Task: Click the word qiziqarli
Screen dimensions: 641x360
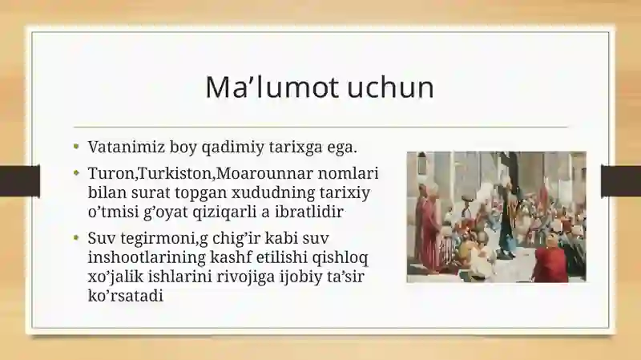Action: tap(224, 212)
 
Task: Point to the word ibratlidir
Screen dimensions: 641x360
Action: tap(308, 212)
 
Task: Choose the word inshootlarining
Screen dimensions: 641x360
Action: tap(147, 257)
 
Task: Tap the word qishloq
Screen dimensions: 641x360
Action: tap(340, 257)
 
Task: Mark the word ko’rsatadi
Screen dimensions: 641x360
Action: tap(126, 296)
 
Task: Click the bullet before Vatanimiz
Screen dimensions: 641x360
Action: tap(76, 146)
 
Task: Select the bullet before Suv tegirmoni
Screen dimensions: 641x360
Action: tap(76, 237)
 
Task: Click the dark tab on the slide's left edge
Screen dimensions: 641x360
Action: tap(20, 181)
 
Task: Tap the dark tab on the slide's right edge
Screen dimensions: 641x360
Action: tap(621, 181)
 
